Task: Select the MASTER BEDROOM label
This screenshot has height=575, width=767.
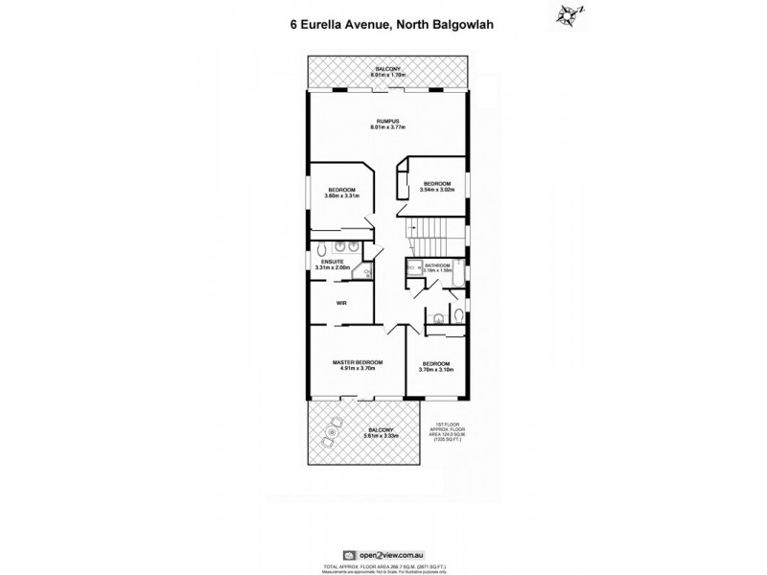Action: point(358,361)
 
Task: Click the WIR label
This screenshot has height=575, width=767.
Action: point(340,303)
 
